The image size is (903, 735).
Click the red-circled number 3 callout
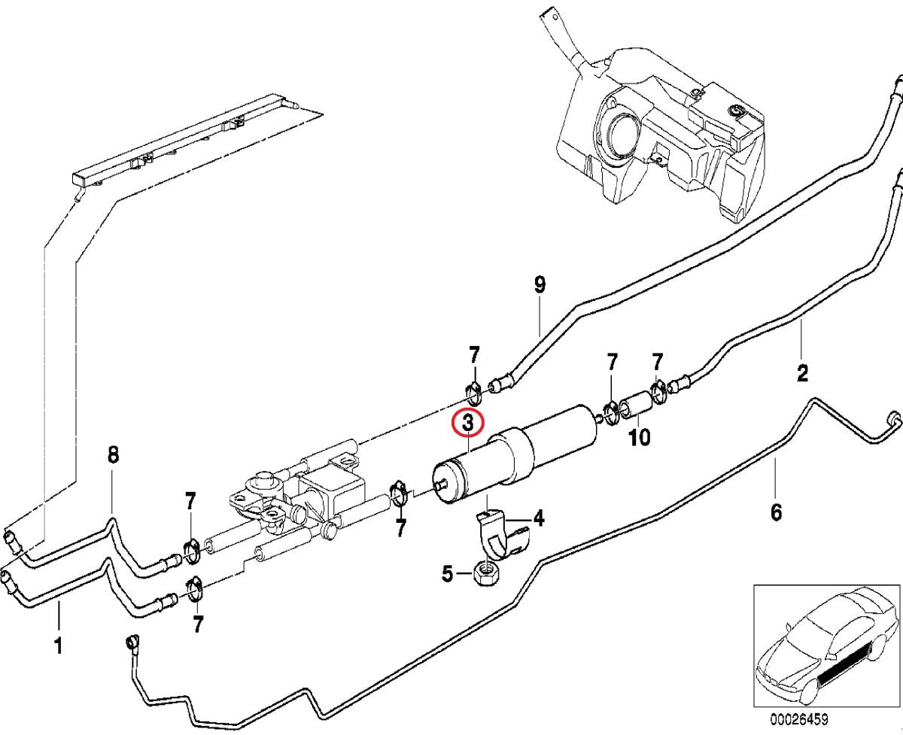click(x=467, y=424)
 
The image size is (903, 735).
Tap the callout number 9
click(x=540, y=285)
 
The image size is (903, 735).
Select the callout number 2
click(x=802, y=372)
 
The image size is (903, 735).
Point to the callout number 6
click(x=777, y=512)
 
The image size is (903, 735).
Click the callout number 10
click(x=639, y=438)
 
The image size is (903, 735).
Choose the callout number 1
click(x=58, y=645)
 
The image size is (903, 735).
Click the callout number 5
click(x=448, y=576)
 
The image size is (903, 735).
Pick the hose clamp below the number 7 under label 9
click(x=473, y=391)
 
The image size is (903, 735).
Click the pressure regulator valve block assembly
click(x=301, y=497)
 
